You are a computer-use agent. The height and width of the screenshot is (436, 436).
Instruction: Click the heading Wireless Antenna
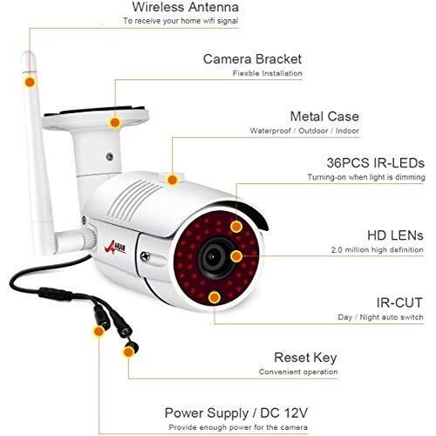[x=186, y=7]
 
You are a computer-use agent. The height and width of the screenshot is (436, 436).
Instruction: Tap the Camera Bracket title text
[x=252, y=59]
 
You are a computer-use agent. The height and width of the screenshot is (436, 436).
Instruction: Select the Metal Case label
[x=324, y=117]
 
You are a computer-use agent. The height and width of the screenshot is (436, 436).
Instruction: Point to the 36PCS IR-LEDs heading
[x=375, y=163]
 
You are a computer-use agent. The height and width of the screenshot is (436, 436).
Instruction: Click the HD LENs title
[x=395, y=235]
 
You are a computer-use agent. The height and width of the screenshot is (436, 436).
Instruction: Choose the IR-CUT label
[x=399, y=303]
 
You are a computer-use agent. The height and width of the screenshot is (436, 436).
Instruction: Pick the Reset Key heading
[x=305, y=358]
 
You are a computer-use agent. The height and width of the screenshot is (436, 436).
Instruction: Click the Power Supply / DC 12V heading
[x=236, y=412]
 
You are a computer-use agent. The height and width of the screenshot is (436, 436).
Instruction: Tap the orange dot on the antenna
[x=30, y=82]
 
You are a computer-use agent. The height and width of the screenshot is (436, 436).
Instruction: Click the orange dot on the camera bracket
[x=115, y=123]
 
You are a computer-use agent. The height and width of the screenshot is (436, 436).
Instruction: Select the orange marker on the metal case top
[x=173, y=180]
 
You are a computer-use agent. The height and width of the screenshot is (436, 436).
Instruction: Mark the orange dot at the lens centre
[x=236, y=256]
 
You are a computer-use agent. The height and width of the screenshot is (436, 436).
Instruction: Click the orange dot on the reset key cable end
[x=128, y=352]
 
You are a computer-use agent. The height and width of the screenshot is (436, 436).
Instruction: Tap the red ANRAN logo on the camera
[x=115, y=248]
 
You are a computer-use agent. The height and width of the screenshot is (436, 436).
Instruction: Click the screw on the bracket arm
[x=109, y=157]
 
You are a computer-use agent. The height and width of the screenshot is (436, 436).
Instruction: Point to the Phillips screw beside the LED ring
[x=145, y=256]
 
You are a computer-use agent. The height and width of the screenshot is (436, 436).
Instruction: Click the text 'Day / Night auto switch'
[x=380, y=317]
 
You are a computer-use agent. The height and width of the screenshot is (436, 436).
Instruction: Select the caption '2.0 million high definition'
[x=377, y=249]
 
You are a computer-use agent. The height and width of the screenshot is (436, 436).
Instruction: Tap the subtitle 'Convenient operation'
[x=298, y=371]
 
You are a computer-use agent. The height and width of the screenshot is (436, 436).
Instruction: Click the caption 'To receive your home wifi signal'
[x=181, y=21]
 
